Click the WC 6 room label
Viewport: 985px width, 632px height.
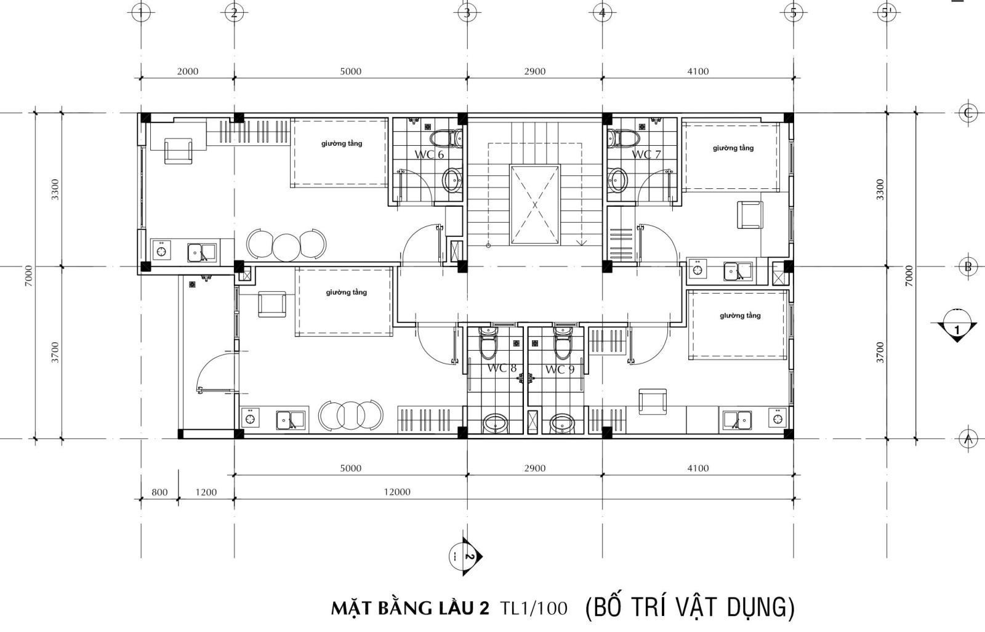429,154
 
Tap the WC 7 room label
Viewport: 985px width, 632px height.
646,154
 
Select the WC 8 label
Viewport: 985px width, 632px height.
502,368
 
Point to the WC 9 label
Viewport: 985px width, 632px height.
560,369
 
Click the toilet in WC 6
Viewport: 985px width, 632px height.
446,138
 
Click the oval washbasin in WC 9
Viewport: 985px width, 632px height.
563,423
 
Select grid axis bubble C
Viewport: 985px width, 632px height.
968,113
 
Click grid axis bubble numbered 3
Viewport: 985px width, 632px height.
467,13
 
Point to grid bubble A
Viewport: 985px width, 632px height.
968,438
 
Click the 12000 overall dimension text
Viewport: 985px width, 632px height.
396,492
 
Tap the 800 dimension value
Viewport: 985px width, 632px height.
159,492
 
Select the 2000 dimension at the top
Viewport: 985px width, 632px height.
187,71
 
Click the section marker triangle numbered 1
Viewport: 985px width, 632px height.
957,327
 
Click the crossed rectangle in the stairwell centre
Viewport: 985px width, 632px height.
535,205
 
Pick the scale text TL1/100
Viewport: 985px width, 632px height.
534,608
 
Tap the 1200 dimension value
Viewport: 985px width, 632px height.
206,492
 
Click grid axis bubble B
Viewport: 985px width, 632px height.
968,266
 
